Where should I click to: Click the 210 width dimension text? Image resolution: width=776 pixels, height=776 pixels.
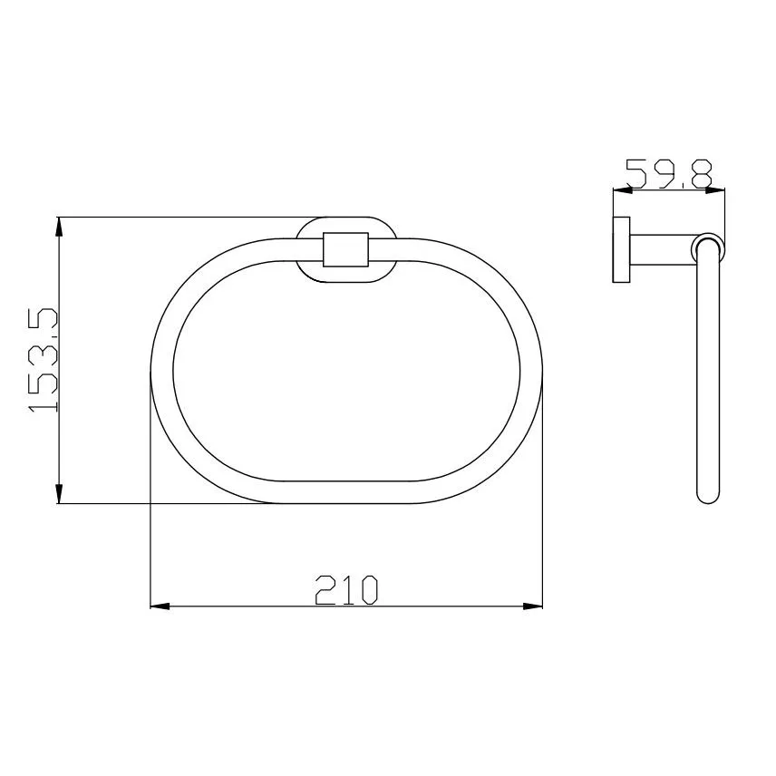pos(346,590)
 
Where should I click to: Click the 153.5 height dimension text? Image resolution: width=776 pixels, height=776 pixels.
pos(43,360)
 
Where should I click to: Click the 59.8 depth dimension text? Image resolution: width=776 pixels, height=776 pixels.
pos(669,174)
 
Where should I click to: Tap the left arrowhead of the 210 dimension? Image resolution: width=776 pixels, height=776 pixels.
pos(160,606)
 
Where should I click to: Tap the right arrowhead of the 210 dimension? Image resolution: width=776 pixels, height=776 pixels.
pos(533,606)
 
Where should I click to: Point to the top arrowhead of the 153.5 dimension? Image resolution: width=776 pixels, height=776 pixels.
pos(59,228)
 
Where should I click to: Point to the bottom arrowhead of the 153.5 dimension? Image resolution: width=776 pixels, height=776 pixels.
pos(59,493)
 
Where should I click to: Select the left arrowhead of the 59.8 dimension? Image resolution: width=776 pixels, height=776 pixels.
pos(623,189)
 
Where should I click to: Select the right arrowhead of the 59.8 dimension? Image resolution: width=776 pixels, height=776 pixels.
pos(715,189)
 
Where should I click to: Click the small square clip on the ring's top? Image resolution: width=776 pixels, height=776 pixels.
pos(346,249)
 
